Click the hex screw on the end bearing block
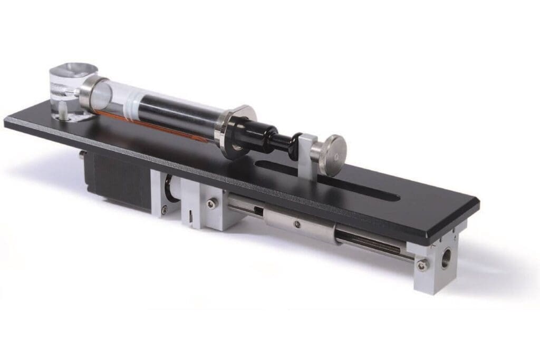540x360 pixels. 421,265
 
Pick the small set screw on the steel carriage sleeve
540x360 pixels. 298,224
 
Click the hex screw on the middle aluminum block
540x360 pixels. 211,204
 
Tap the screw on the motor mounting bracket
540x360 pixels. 165,209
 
